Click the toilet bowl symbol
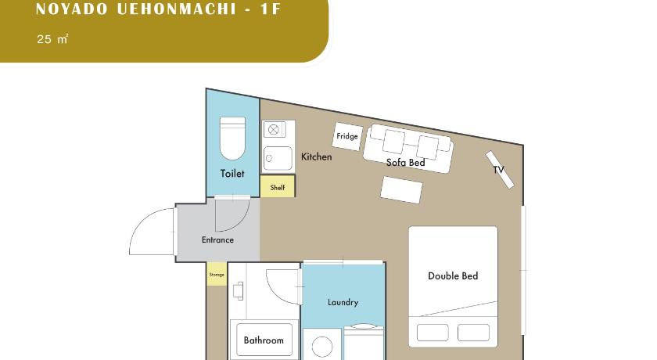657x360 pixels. (232, 139)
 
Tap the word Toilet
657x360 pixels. (232, 173)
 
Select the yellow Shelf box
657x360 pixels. (278, 186)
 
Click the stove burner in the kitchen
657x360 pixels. (274, 129)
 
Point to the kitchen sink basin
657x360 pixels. (278, 158)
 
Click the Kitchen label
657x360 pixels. (316, 157)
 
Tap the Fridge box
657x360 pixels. (347, 136)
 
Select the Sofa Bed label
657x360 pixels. (406, 162)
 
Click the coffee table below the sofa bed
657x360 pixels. (401, 190)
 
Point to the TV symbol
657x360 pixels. (500, 170)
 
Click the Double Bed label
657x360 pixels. (453, 275)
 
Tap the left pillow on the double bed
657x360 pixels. (433, 333)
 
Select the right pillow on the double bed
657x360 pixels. (473, 333)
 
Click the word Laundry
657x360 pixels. (343, 302)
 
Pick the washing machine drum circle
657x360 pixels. (322, 347)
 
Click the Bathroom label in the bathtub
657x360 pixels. (264, 340)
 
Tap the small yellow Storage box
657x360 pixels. (217, 275)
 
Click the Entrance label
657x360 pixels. (217, 239)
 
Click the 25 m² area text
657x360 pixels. (52, 39)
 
